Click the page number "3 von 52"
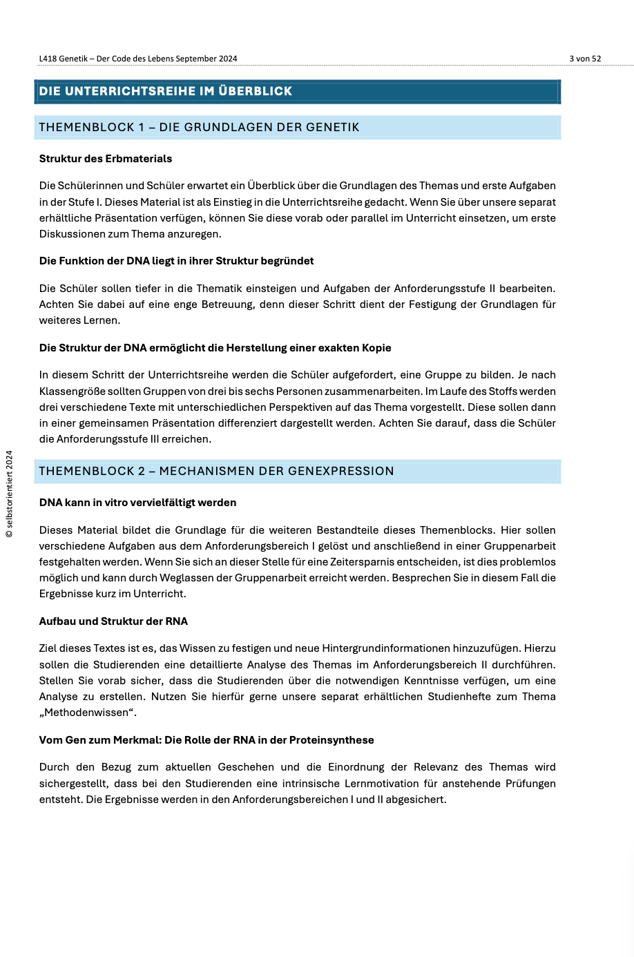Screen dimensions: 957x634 pos(585,59)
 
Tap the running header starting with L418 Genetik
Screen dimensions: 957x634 pos(138,59)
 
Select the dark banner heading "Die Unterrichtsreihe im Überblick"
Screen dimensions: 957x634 pos(166,91)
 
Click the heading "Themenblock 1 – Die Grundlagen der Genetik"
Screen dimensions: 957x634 pos(199,127)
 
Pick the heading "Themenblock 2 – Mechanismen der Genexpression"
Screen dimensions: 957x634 pos(216,471)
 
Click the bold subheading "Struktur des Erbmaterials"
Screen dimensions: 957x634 pos(106,159)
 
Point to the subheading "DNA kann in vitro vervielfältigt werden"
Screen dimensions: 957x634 pos(137,503)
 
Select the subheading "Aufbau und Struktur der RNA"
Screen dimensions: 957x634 pos(113,621)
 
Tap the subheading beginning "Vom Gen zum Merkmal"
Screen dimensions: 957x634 pos(206,740)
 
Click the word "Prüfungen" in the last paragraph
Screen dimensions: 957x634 pos(531,784)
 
